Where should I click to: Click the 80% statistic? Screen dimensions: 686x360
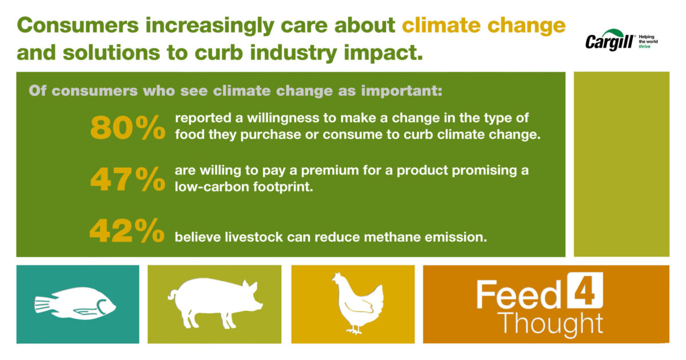click(127, 127)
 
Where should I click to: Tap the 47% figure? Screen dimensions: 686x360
click(127, 179)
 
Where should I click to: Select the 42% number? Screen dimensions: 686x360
click(127, 231)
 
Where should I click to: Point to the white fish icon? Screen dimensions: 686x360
click(75, 304)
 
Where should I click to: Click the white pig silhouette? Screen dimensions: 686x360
click(215, 303)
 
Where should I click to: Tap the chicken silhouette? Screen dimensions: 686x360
click(358, 303)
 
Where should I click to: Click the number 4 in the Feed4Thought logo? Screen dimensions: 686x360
click(585, 290)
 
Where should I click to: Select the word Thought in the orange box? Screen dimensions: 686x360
click(551, 324)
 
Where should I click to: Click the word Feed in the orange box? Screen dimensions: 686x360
click(519, 294)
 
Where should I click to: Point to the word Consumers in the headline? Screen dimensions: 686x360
click(78, 25)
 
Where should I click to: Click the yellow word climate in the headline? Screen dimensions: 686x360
click(441, 25)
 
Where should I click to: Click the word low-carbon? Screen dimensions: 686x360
click(212, 187)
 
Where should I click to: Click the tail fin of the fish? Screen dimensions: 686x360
click(42, 304)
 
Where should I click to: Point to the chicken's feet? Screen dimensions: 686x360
click(354, 330)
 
